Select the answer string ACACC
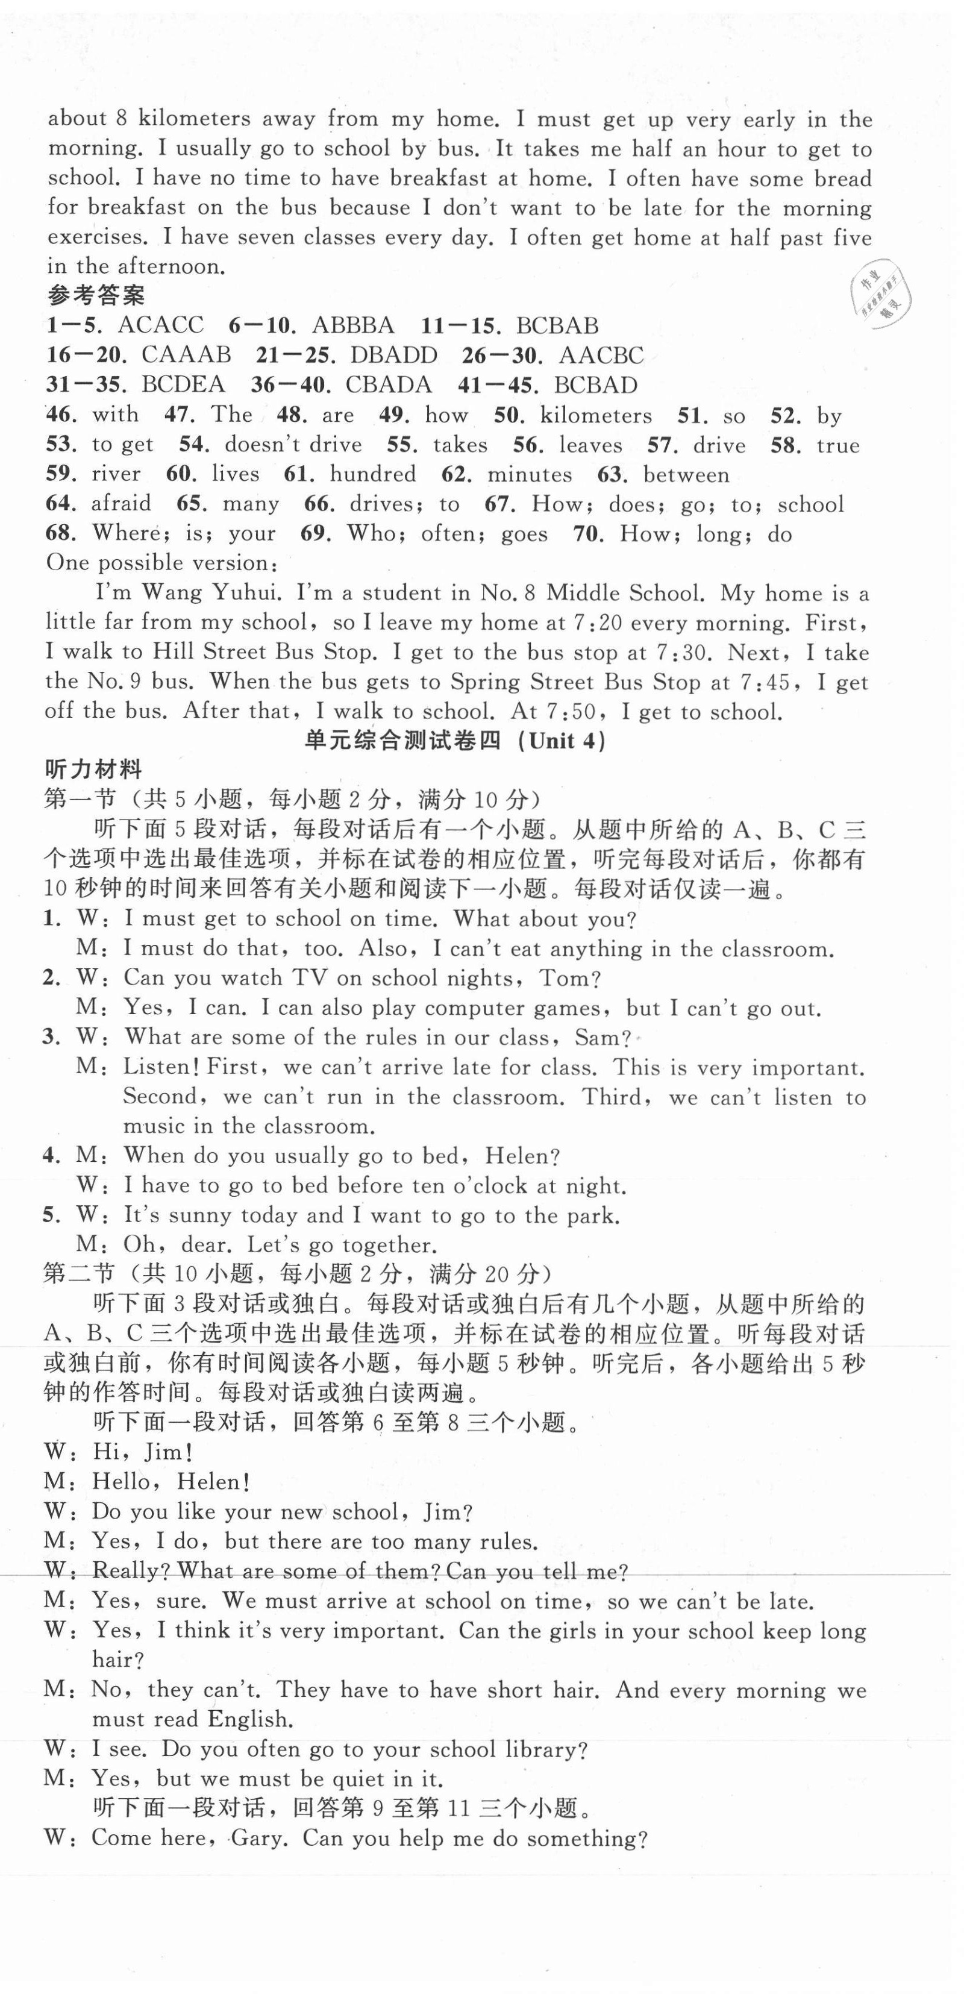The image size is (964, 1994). pyautogui.click(x=161, y=325)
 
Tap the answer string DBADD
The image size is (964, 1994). pyautogui.click(x=394, y=356)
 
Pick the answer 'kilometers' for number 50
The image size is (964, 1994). pyautogui.click(x=596, y=416)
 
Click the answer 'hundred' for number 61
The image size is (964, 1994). pyautogui.click(x=373, y=474)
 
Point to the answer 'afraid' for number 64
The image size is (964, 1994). pyautogui.click(x=122, y=504)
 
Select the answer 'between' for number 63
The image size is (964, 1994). pyautogui.click(x=686, y=474)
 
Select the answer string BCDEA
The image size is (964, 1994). pyautogui.click(x=183, y=384)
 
